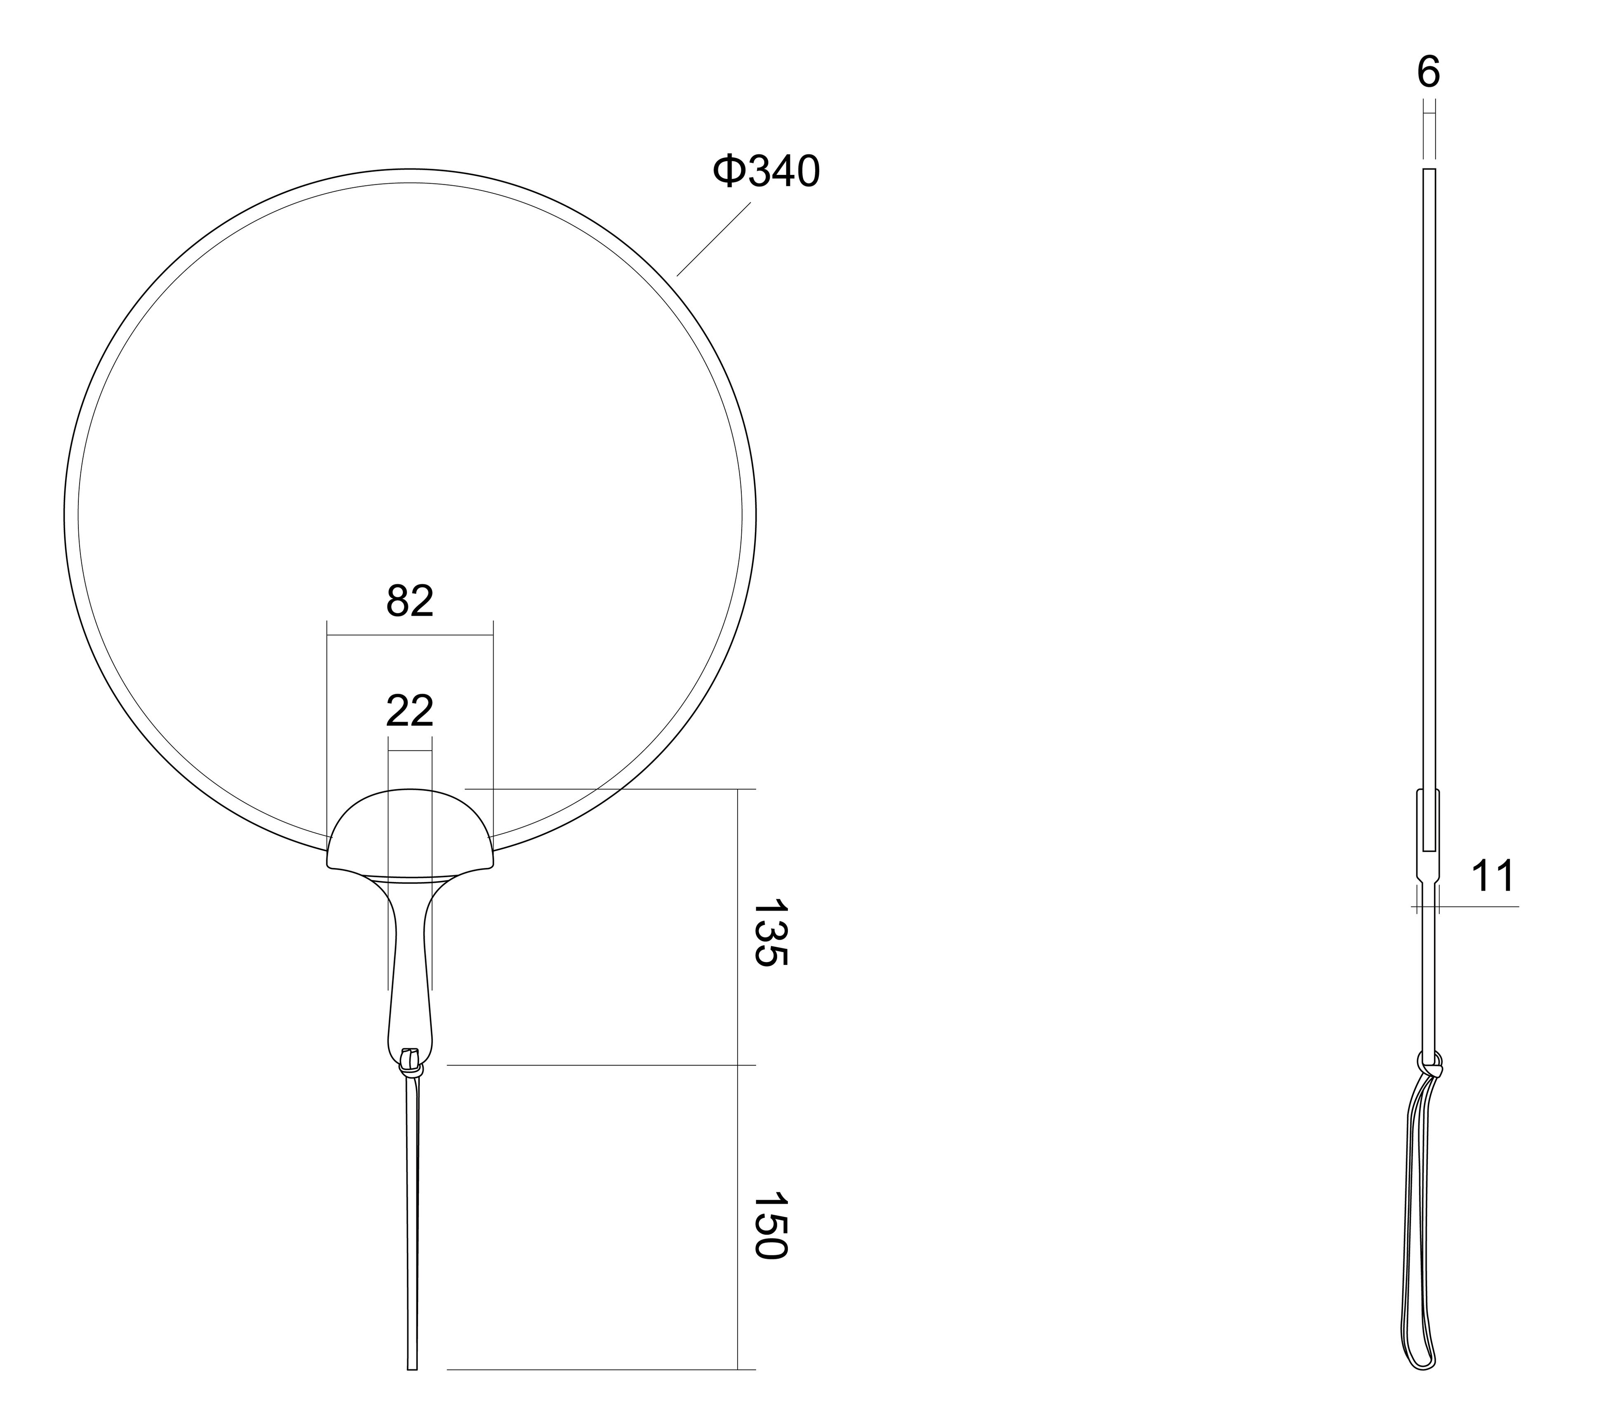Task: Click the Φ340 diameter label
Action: coord(766,172)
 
